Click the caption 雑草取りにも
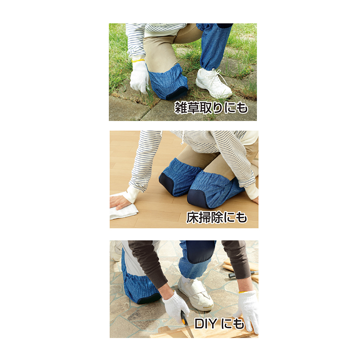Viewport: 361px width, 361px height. (x=211, y=107)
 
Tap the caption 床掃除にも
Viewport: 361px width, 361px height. (x=217, y=218)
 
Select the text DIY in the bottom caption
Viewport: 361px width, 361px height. (x=206, y=324)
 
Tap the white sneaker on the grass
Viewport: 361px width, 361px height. (x=213, y=83)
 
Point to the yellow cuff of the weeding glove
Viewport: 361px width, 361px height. (x=138, y=60)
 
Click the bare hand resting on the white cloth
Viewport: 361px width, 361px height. (x=120, y=202)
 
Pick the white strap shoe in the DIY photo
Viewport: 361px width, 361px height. (x=196, y=294)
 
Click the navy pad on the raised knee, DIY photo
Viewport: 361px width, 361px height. (x=200, y=252)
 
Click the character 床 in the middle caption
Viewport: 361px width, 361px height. (x=192, y=218)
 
